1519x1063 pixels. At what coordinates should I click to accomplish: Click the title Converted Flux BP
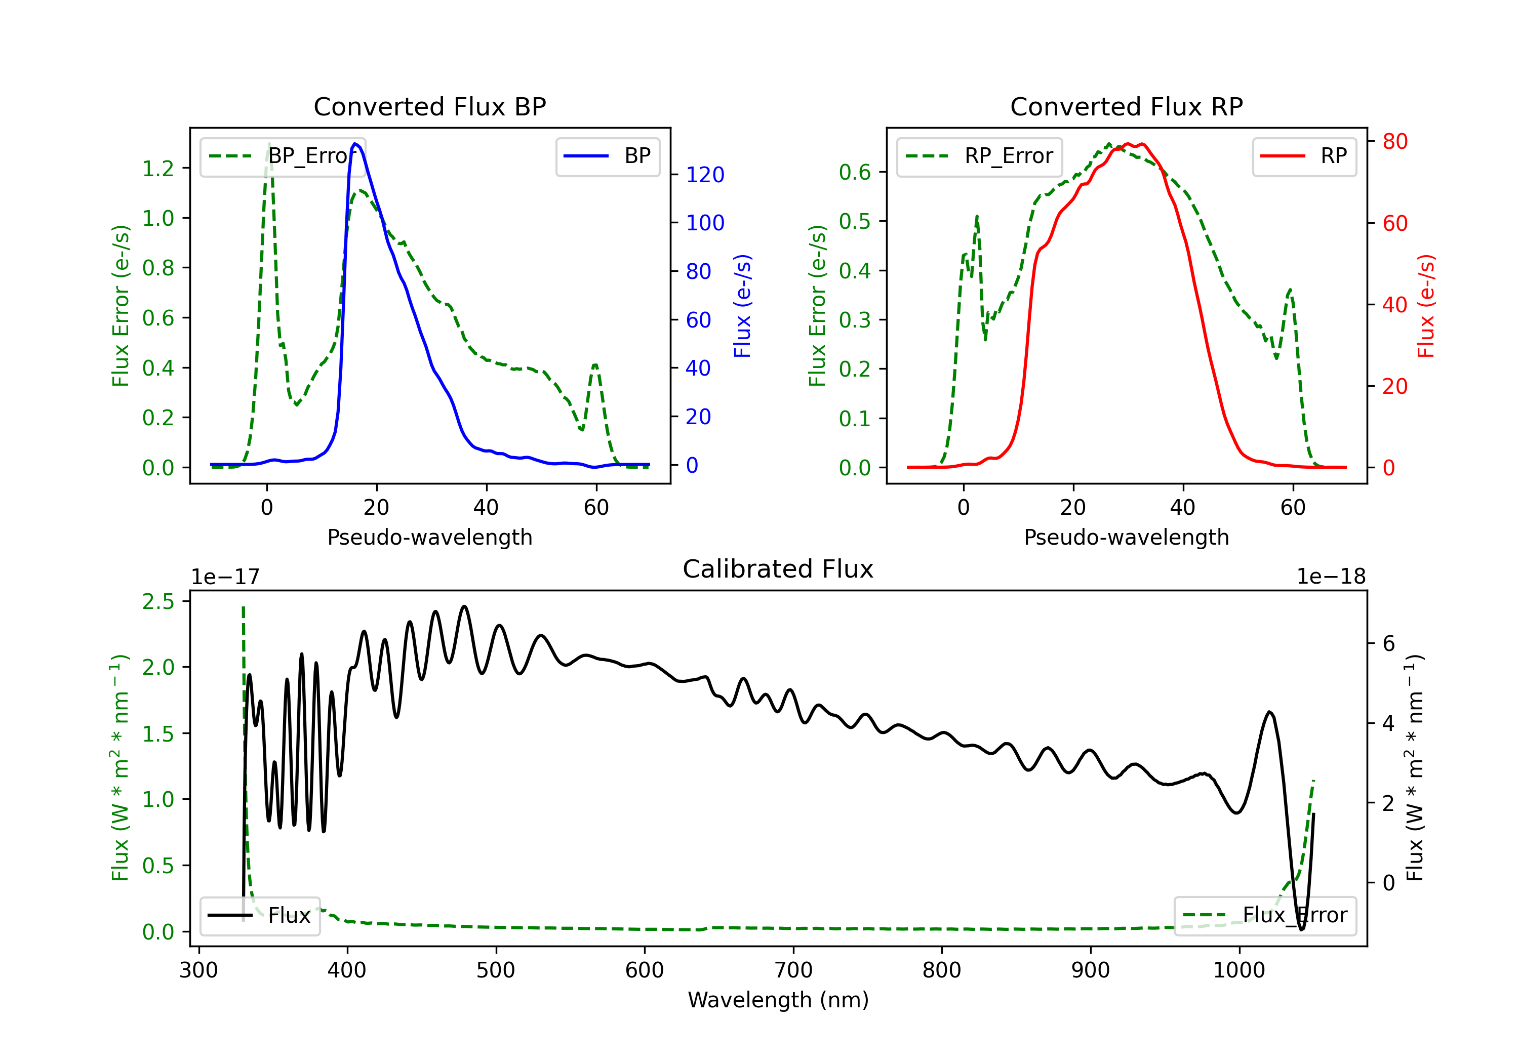pyautogui.click(x=429, y=106)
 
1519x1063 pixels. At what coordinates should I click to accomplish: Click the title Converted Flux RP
pyautogui.click(x=1126, y=106)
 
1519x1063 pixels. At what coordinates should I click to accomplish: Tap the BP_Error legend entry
pyautogui.click(x=283, y=156)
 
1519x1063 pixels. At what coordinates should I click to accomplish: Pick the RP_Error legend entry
pyautogui.click(x=979, y=156)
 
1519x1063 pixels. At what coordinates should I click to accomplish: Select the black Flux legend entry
pyautogui.click(x=260, y=916)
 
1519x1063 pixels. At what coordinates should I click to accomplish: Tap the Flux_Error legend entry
pyautogui.click(x=1265, y=916)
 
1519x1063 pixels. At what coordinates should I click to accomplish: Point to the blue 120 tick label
pyautogui.click(x=705, y=175)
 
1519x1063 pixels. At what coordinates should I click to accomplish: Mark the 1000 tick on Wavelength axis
pyautogui.click(x=1238, y=970)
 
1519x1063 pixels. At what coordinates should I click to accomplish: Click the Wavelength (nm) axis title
pyautogui.click(x=778, y=1000)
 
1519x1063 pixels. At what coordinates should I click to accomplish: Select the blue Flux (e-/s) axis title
pyautogui.click(x=742, y=306)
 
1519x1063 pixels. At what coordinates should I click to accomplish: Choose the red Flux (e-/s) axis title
pyautogui.click(x=1426, y=306)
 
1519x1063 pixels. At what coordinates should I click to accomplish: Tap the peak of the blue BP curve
pyautogui.click(x=355, y=144)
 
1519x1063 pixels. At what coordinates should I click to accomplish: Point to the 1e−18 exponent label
pyautogui.click(x=1331, y=577)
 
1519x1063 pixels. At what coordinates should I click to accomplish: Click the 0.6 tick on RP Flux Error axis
pyautogui.click(x=855, y=172)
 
